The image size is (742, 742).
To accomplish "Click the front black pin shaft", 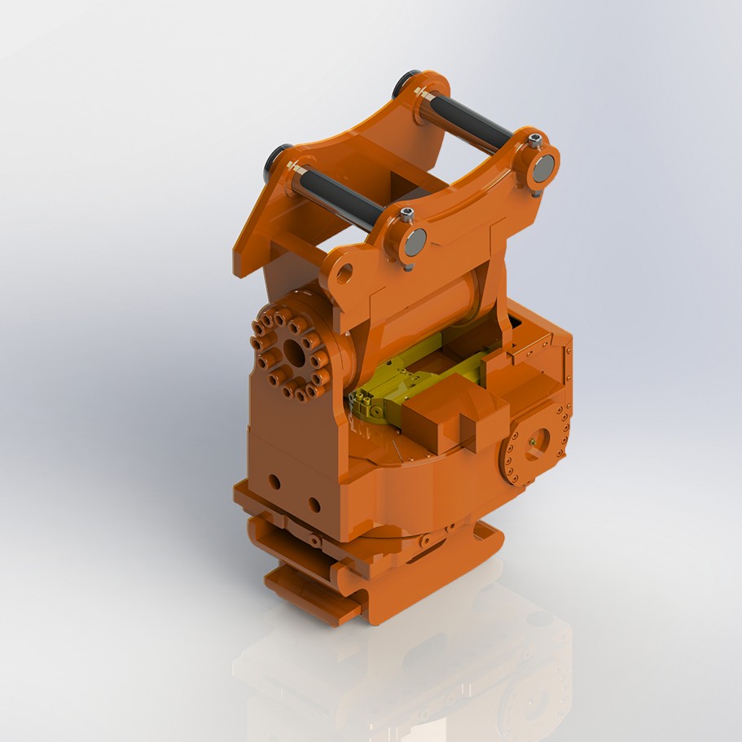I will click(338, 195).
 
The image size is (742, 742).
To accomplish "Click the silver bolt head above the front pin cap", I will click(407, 215).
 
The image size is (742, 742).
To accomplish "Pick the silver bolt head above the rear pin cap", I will click(534, 140).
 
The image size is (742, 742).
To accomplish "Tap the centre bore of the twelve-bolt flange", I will click(292, 353).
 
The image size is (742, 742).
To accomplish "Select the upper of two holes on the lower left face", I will click(274, 482).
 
